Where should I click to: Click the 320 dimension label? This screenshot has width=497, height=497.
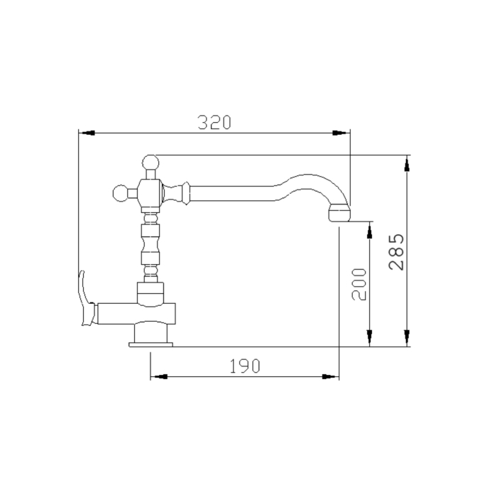pyautogui.click(x=214, y=122)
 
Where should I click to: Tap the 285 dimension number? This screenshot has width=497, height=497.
pyautogui.click(x=396, y=252)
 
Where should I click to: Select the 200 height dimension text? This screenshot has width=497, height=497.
pyautogui.click(x=359, y=284)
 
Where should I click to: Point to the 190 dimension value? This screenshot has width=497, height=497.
pyautogui.click(x=245, y=366)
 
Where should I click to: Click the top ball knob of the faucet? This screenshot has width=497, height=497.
pyautogui.click(x=151, y=163)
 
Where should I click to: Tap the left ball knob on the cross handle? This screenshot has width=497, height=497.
pyautogui.click(x=121, y=193)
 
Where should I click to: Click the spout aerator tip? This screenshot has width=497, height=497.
pyautogui.click(x=339, y=213)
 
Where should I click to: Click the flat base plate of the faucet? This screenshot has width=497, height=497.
pyautogui.click(x=151, y=344)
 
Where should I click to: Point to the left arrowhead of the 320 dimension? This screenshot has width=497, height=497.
pyautogui.click(x=87, y=133)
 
